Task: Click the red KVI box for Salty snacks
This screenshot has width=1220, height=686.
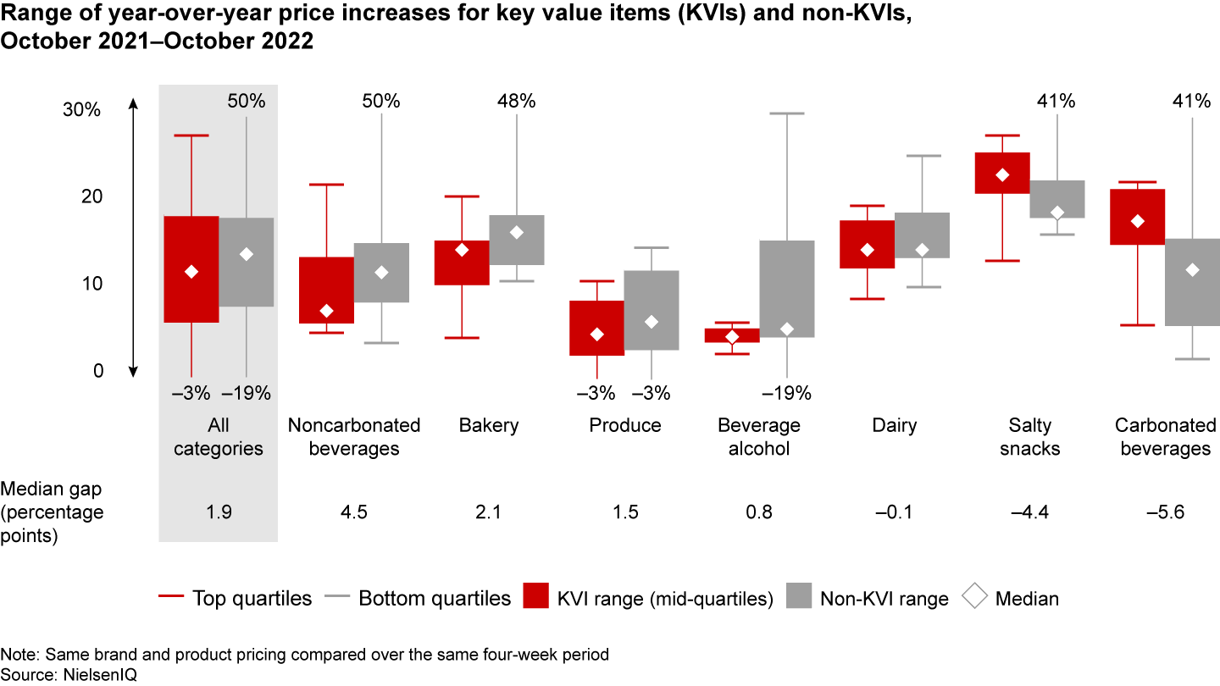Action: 1002,173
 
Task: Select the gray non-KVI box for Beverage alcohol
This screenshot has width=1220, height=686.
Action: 787,289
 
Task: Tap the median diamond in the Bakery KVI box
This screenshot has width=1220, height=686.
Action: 462,250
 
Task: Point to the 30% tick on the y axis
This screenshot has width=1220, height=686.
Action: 82,110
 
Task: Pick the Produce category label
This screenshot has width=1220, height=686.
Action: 625,425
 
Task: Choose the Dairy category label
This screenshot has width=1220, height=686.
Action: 895,425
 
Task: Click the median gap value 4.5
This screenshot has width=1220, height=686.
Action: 353,512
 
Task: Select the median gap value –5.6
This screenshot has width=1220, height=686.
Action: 1165,512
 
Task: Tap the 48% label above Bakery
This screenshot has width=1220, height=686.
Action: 516,102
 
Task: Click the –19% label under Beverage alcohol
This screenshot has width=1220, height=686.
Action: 787,393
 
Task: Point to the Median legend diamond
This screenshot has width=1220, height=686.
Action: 975,598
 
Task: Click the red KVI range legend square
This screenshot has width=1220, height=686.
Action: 537,598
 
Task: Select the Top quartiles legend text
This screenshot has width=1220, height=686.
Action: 252,598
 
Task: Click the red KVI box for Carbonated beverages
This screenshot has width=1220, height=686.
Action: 1138,217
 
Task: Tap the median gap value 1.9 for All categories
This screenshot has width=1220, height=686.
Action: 219,512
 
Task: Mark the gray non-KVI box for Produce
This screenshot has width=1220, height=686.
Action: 652,310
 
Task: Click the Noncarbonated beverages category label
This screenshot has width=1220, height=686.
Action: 353,436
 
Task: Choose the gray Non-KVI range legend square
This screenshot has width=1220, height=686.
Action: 800,598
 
